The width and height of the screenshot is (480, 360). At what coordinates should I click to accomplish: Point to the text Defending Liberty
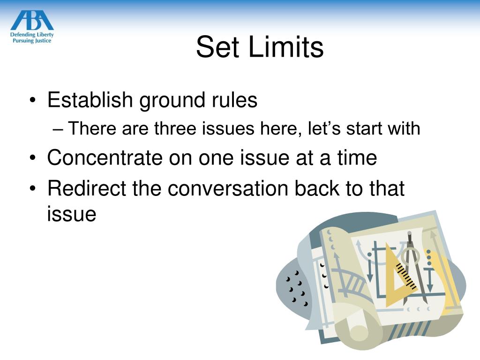(x=32, y=34)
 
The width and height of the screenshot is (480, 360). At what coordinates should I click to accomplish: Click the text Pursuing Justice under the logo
(x=32, y=41)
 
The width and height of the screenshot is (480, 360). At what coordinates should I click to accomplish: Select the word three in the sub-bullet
(x=176, y=128)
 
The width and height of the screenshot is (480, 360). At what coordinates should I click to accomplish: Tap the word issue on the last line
(x=71, y=214)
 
